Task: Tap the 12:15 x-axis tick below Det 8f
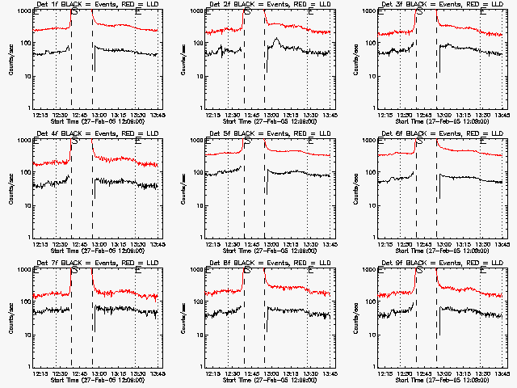[x=212, y=373]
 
